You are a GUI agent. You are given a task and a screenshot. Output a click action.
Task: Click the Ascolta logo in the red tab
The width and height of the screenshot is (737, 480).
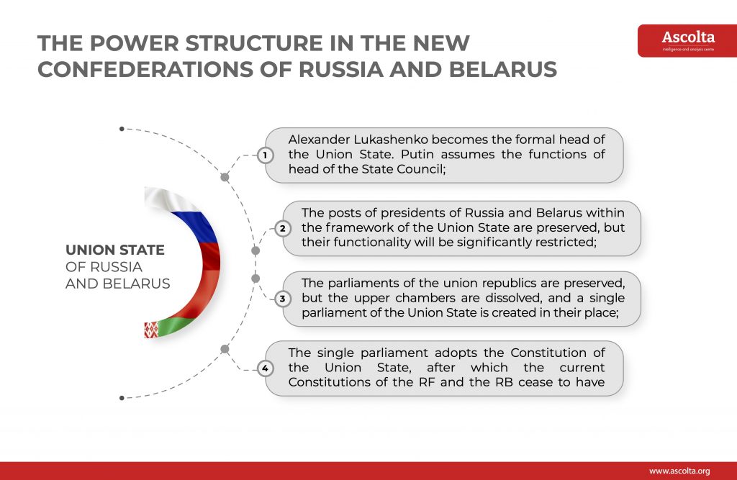[688, 41]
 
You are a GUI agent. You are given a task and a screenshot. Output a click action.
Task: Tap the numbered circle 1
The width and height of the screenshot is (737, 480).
[265, 155]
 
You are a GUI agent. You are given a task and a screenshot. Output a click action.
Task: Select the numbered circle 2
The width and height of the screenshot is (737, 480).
[282, 228]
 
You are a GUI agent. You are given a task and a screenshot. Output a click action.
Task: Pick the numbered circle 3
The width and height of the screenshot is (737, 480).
[282, 299]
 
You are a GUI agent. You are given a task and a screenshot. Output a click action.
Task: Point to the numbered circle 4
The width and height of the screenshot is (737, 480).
[265, 368]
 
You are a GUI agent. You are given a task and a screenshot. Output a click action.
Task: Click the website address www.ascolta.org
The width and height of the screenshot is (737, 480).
[679, 471]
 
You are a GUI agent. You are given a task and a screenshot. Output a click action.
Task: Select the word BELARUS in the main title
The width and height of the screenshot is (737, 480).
[503, 70]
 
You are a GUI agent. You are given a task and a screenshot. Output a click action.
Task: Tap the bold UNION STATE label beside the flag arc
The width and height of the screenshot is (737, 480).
[115, 250]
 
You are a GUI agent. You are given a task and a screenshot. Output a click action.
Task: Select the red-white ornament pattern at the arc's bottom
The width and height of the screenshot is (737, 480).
[151, 330]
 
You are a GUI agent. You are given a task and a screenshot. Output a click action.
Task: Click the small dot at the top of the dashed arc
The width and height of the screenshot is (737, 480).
[122, 129]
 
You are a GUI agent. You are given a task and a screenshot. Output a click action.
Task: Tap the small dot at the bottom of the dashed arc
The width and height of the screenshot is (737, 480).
[122, 398]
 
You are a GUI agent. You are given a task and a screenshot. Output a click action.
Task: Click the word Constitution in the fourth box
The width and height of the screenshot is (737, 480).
[548, 353]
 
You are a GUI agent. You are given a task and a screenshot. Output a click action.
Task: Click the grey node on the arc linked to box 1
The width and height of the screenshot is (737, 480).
[225, 177]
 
